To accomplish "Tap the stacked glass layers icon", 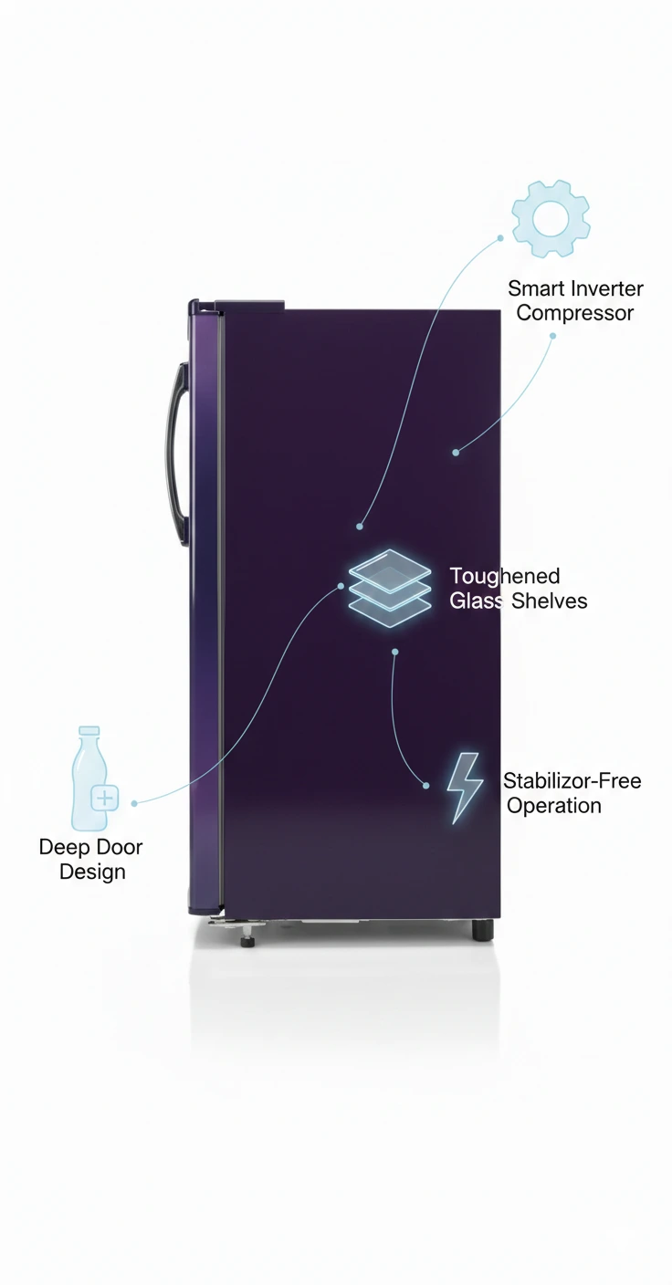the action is coord(390,588).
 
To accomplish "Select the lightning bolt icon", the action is coord(465,789).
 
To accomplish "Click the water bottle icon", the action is coord(93,778).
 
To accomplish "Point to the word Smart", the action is coord(534,288).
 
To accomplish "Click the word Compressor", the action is coord(575,313).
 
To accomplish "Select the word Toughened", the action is coord(504,577).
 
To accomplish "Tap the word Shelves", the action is coord(549,601).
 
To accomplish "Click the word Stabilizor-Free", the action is coord(572,780).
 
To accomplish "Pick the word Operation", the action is coord(554,806).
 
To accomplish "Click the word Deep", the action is coord(62,847).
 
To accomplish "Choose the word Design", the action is coord(92,872).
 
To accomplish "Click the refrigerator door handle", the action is coord(178,454).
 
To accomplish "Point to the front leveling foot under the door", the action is coord(247,939).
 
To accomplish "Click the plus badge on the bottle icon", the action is coord(105,798).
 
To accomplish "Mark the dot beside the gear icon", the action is coord(500,237).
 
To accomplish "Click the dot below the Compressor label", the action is coord(552,336).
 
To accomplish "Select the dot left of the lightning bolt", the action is coord(425,786).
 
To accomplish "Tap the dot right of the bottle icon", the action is coord(134,803).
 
